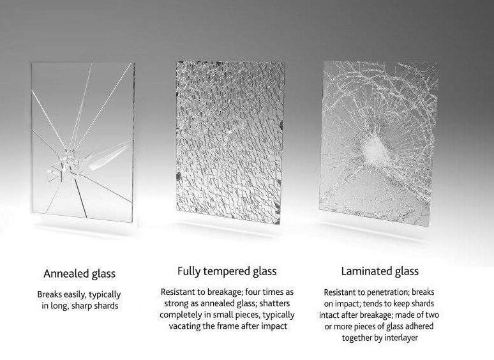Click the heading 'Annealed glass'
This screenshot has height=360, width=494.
pos(79,274)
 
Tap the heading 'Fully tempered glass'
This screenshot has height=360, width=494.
pos(227,271)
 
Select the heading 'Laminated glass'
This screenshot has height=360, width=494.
pos(380,271)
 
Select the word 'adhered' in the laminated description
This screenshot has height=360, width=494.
pos(424,326)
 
